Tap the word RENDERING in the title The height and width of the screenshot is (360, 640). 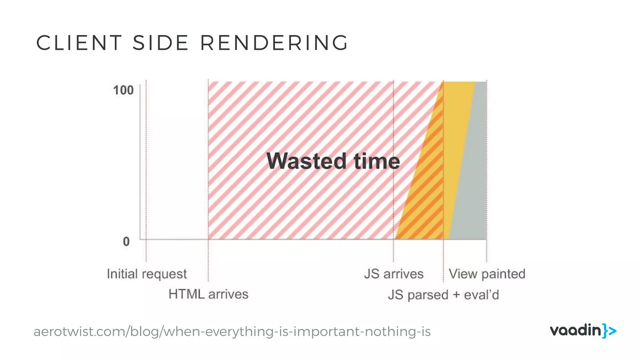point(274,43)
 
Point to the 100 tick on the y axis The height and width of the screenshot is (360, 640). point(123,90)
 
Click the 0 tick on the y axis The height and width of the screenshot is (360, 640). point(126,242)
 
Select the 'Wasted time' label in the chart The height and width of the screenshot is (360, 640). point(333,161)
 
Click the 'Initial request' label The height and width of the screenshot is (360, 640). point(147,274)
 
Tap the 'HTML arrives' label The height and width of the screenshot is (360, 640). point(208,294)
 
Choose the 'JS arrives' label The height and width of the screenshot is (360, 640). point(394,274)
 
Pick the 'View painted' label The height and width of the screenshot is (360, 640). point(487,274)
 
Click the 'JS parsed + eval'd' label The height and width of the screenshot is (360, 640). point(443,295)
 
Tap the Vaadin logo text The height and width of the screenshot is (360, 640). point(575,331)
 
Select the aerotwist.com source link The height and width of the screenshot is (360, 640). point(232,332)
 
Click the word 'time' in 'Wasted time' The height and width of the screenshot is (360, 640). point(377,161)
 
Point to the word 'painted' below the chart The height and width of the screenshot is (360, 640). point(503,274)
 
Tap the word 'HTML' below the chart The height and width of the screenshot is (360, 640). point(186,294)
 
